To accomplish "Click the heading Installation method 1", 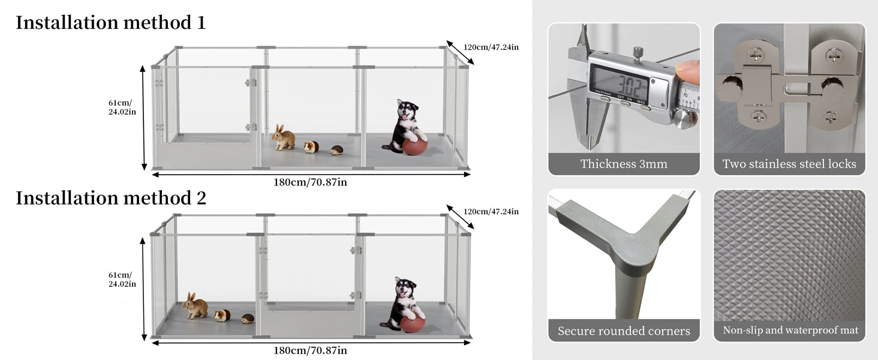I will coord(110,23).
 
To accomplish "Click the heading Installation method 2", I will coord(111,198).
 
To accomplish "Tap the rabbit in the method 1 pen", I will coord(284,138).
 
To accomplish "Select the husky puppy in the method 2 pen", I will coord(404,300).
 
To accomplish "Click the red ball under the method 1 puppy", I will coord(415,147).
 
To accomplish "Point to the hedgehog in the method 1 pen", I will coord(337,150).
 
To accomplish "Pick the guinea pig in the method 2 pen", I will coord(222,315).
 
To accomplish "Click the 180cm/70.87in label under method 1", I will coord(310,182).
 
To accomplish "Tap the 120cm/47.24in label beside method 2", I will coord(491,211).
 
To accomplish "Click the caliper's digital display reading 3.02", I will coord(620,82).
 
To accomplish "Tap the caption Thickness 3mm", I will coord(624,164).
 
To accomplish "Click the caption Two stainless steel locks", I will coord(789,164).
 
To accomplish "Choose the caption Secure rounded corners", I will coord(624,331).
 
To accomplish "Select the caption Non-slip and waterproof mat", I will coord(790,331).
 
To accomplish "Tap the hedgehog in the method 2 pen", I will coord(248,319).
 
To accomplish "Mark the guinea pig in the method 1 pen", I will coord(311,147).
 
